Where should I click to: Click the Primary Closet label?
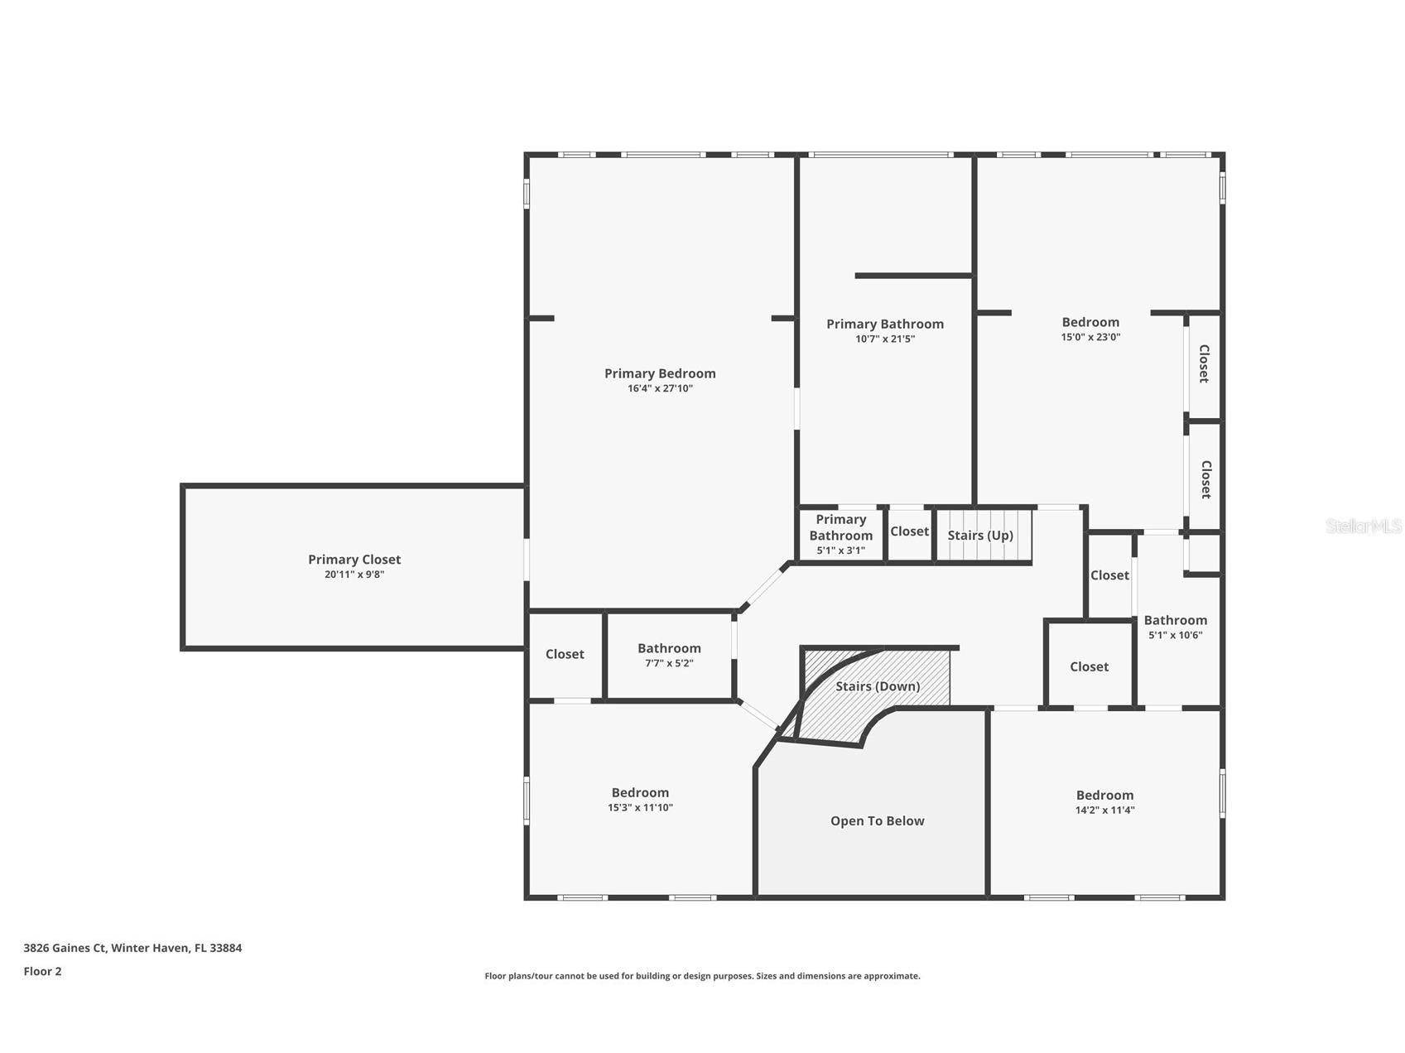[x=354, y=560]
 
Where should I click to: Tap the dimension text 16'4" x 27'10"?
[x=660, y=388]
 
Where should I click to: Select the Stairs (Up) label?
[x=980, y=536]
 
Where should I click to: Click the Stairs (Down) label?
[x=878, y=686]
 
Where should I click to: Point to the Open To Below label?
[x=877, y=821]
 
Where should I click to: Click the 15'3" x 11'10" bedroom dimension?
[x=640, y=808]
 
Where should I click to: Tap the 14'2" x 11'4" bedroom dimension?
[x=1104, y=810]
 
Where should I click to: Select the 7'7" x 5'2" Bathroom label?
[x=669, y=648]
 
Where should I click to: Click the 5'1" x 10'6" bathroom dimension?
[x=1175, y=636]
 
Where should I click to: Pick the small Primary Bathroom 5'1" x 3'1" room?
[x=840, y=534]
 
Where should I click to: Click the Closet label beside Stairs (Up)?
[x=909, y=531]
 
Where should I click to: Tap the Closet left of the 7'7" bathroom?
[x=565, y=654]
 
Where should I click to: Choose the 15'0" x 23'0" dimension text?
[x=1090, y=337]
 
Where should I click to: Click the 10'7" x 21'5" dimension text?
[x=884, y=339]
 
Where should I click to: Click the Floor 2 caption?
[x=42, y=972]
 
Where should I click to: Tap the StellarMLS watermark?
[x=1363, y=526]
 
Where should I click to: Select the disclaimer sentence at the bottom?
[x=702, y=976]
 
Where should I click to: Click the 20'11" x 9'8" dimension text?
[x=354, y=575]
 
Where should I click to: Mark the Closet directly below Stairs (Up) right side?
[x=1109, y=575]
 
